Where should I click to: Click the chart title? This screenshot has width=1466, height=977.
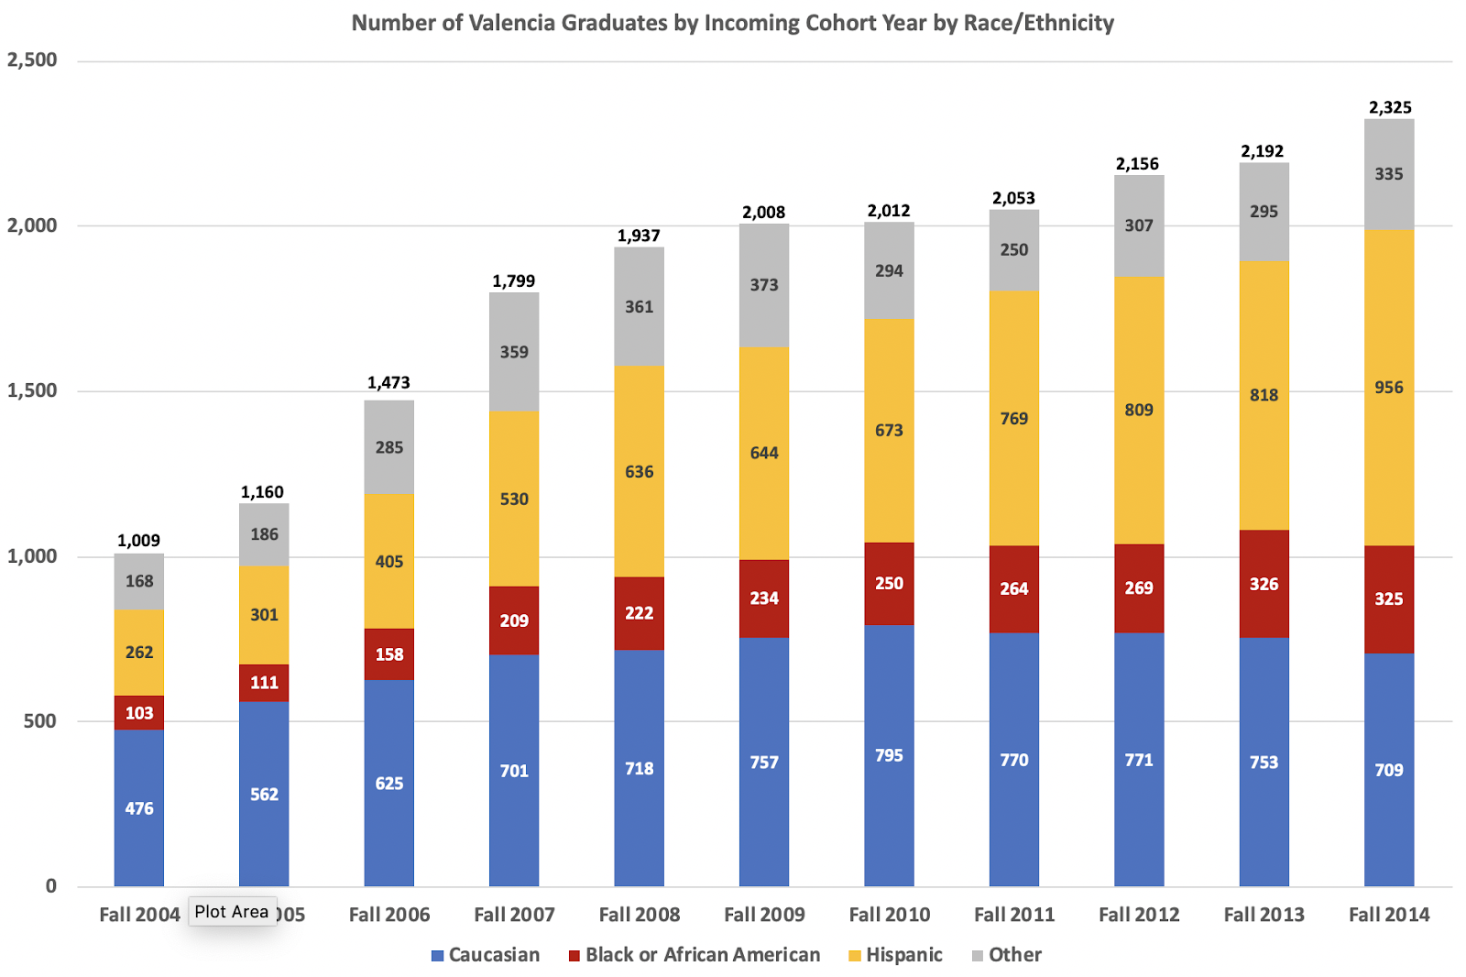[x=732, y=23]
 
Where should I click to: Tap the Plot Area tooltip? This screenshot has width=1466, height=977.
[x=232, y=912]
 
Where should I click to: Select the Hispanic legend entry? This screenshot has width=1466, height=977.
[x=894, y=955]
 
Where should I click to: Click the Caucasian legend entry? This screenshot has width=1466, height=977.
[x=486, y=955]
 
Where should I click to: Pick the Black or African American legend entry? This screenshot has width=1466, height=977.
[x=694, y=955]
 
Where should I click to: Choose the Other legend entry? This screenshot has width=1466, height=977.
[x=1006, y=955]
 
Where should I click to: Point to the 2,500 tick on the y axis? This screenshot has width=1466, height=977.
[x=32, y=60]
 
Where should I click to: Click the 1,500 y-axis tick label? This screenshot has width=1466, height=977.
[x=32, y=391]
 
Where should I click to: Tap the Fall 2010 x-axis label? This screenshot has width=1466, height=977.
[x=889, y=915]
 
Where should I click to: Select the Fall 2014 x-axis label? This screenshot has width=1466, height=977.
[x=1389, y=915]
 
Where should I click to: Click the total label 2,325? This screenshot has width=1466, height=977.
[x=1390, y=107]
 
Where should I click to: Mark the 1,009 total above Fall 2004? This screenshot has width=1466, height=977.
[x=138, y=541]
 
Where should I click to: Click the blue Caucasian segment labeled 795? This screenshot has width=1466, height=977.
[x=889, y=756]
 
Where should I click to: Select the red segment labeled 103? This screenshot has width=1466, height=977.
[x=139, y=713]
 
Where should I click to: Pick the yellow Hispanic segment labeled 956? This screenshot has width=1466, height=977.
[x=1389, y=388]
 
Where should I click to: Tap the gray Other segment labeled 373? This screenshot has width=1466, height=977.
[x=764, y=285]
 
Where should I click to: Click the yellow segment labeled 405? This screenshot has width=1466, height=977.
[x=389, y=562]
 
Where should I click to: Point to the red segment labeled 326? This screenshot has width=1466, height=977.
[x=1264, y=584]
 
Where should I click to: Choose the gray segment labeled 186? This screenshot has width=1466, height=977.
[x=264, y=534]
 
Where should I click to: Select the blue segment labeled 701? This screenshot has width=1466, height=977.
[x=514, y=771]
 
